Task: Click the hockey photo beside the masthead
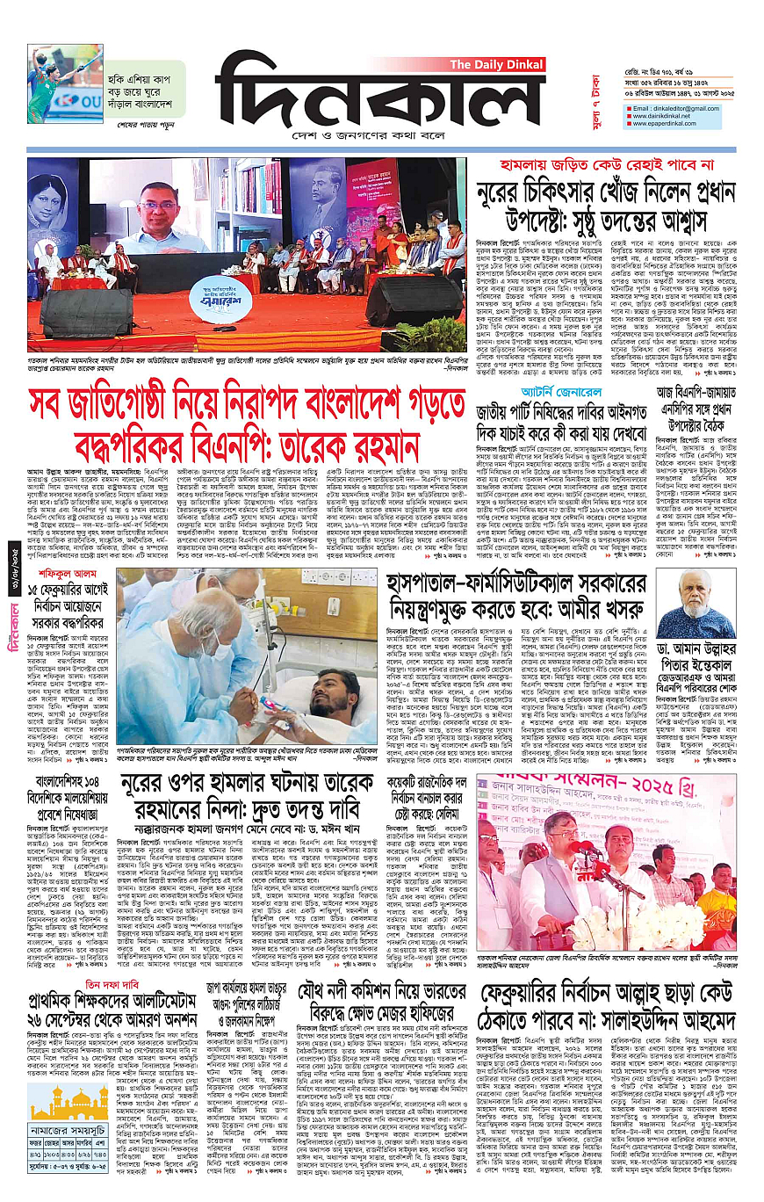point(64,83)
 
